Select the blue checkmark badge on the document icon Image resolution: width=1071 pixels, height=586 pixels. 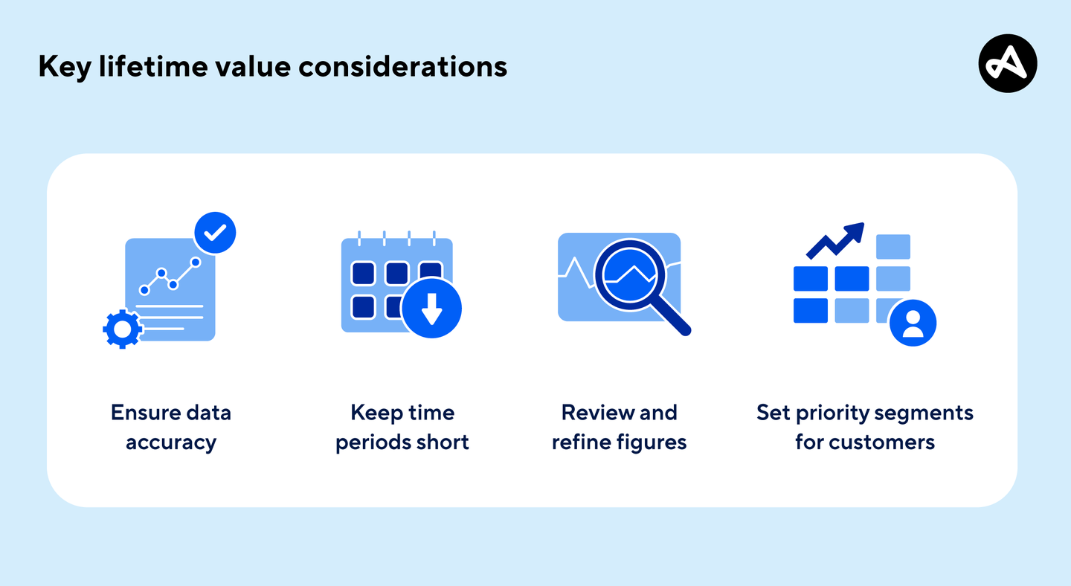[215, 234]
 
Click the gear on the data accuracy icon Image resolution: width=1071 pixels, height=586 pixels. [122, 329]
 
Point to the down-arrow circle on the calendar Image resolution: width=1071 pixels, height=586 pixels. [431, 308]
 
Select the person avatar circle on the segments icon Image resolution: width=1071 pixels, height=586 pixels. [913, 323]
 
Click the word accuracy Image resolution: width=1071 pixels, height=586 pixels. [170, 442]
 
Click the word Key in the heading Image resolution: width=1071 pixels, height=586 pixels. [59, 67]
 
